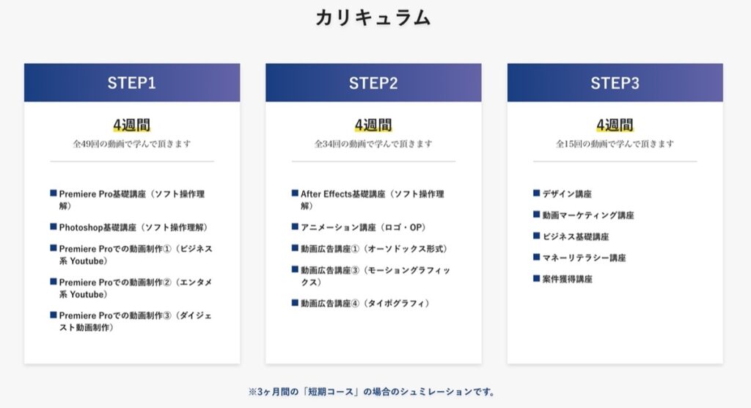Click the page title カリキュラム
tap(373, 18)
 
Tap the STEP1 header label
tap(132, 83)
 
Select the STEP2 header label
tap(373, 83)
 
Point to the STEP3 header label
tap(615, 83)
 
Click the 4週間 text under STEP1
tap(132, 125)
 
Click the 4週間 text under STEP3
tap(615, 125)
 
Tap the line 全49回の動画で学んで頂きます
tap(132, 143)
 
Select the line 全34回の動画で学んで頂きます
tap(373, 143)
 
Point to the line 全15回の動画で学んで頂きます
tap(615, 143)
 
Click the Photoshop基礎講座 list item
tap(133, 227)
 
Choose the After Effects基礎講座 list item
tap(372, 200)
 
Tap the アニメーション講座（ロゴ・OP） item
tap(363, 227)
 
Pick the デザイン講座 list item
tap(567, 194)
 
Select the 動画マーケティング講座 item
tap(588, 215)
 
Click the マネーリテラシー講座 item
tap(584, 258)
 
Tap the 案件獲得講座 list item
tap(567, 279)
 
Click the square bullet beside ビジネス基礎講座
tap(536, 236)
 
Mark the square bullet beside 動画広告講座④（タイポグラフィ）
tap(295, 302)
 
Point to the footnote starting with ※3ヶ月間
tap(373, 392)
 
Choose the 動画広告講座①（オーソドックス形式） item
tap(373, 249)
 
